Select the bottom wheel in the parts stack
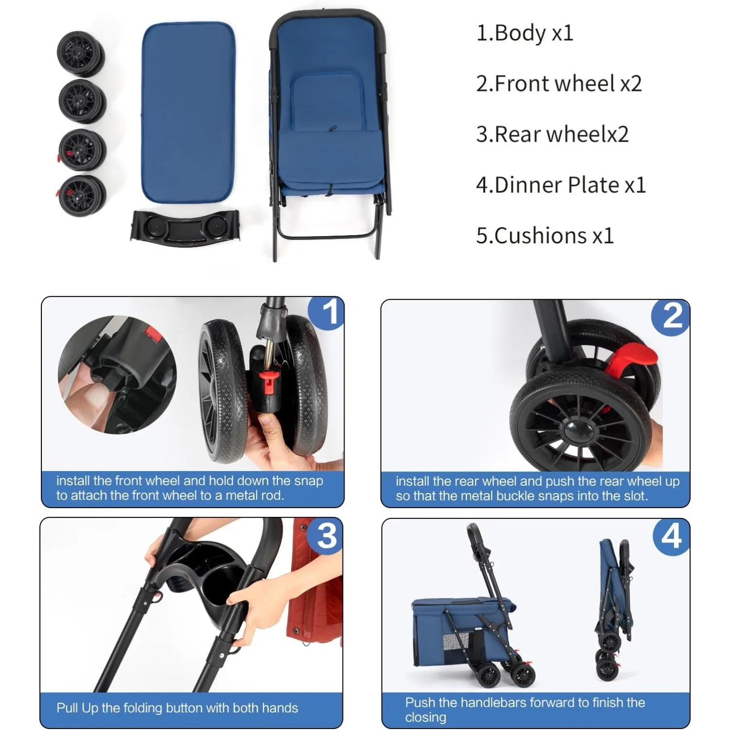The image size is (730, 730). (81, 196)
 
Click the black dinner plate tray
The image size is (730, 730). (185, 228)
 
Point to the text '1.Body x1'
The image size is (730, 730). (525, 33)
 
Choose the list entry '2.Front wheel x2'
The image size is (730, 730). (559, 84)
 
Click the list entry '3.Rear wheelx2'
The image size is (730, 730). (552, 134)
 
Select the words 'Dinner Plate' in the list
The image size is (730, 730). (557, 185)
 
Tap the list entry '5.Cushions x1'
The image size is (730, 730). (545, 236)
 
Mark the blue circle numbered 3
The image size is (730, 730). (326, 535)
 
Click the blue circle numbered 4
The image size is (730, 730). (672, 536)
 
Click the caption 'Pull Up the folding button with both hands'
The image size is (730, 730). (177, 708)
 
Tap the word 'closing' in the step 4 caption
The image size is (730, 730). (425, 717)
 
